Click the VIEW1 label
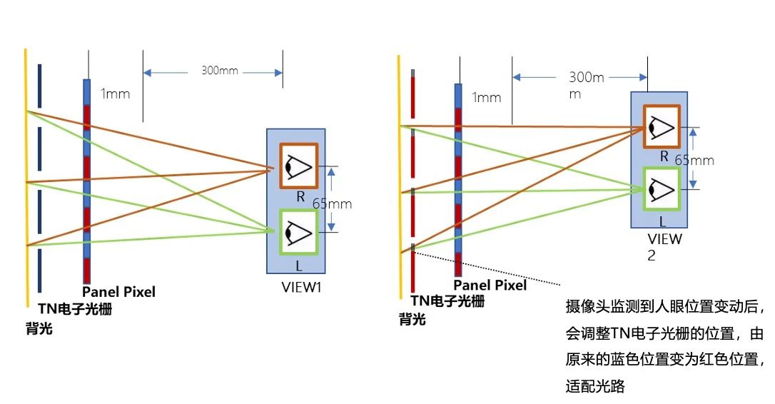[x=301, y=287]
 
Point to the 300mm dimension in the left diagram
[x=220, y=71]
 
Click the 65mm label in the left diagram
[x=332, y=203]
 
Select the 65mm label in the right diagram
[x=694, y=160]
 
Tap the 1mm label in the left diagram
[x=115, y=94]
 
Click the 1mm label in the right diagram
[x=487, y=97]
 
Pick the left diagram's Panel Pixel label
[x=118, y=292]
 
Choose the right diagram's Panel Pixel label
[x=490, y=285]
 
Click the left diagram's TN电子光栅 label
[x=75, y=309]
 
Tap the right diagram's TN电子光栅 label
[x=447, y=301]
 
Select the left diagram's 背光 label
[x=39, y=328]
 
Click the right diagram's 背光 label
[x=412, y=320]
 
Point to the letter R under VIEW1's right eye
[x=300, y=197]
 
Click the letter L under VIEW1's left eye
[x=298, y=266]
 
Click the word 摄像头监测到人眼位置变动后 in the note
[x=662, y=307]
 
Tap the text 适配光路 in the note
[x=595, y=385]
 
